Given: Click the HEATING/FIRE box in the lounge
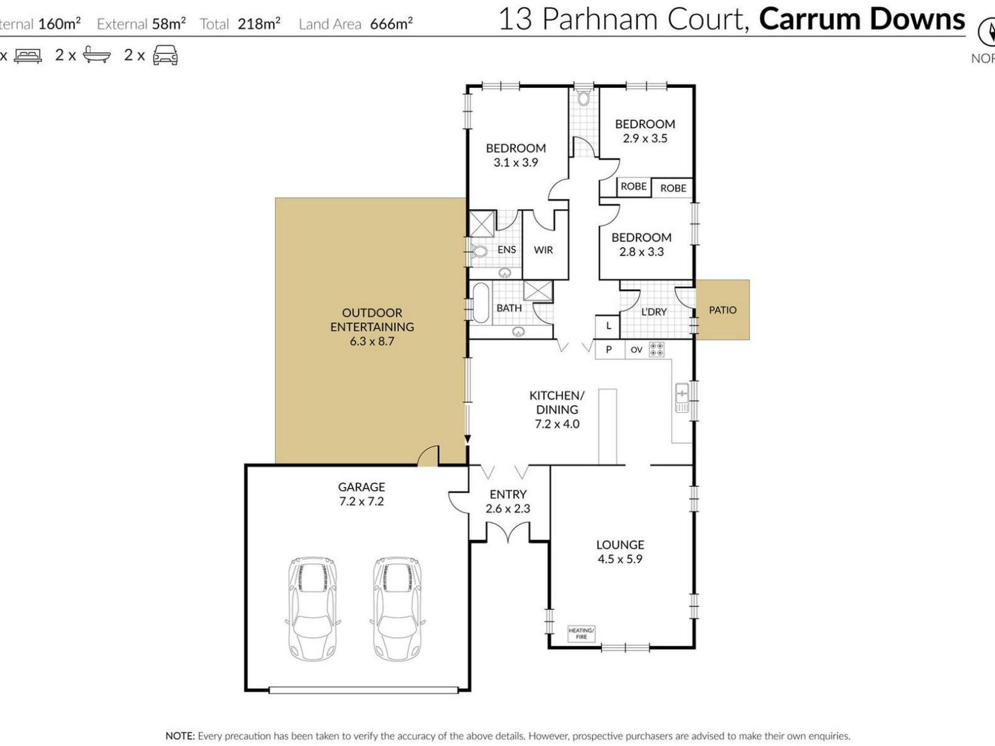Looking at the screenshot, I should (x=581, y=633).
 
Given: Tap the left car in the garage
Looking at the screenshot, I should (x=313, y=608).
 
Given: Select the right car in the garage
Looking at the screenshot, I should (x=398, y=608).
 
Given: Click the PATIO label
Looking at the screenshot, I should (x=723, y=310).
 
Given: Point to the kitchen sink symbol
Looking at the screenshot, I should (x=682, y=398).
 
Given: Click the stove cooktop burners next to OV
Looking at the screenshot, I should (x=657, y=349).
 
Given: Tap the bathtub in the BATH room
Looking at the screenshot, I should (x=480, y=303).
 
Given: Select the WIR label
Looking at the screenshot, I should (x=543, y=250).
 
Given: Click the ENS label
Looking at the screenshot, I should (x=506, y=250).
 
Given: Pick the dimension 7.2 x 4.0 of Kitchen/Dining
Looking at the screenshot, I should (x=557, y=424).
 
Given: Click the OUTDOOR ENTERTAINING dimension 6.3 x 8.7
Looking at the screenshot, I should (x=372, y=341).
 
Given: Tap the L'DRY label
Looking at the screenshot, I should (x=654, y=312).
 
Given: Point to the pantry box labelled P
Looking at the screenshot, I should (x=609, y=349).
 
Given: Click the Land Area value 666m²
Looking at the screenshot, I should (x=391, y=24).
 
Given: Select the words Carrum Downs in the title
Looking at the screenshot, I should (x=861, y=19).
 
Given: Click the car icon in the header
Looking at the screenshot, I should (x=165, y=55).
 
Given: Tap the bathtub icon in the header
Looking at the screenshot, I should (x=96, y=55).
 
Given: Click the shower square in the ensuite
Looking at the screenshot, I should (x=481, y=224).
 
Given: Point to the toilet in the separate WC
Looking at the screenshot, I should (x=583, y=98).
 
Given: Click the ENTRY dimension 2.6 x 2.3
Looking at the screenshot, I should (x=507, y=508).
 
